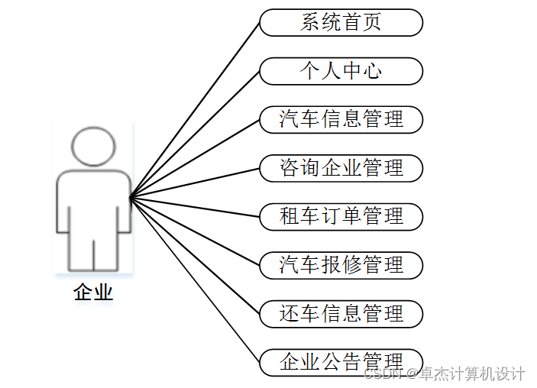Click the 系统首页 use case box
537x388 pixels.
[x=341, y=23]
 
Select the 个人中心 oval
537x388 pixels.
[x=341, y=71]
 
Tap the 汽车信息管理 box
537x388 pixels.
[x=341, y=119]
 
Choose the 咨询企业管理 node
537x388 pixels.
[x=341, y=168]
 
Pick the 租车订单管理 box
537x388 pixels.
[x=341, y=216]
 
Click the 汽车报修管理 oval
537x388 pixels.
[x=341, y=265]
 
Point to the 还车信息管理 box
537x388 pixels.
[x=341, y=313]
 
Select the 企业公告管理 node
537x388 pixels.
[x=341, y=361]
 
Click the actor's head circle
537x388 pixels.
[x=93, y=147]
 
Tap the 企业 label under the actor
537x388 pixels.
[x=93, y=292]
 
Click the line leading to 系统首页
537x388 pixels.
[x=195, y=110]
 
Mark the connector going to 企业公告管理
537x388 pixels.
[x=195, y=280]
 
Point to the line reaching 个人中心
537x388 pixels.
[x=195, y=134]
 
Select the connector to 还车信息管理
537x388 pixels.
[x=195, y=255]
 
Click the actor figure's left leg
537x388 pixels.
[x=80, y=248]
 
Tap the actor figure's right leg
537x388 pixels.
[x=106, y=248]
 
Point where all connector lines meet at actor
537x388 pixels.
[x=131, y=197]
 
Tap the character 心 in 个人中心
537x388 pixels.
[x=371, y=71]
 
